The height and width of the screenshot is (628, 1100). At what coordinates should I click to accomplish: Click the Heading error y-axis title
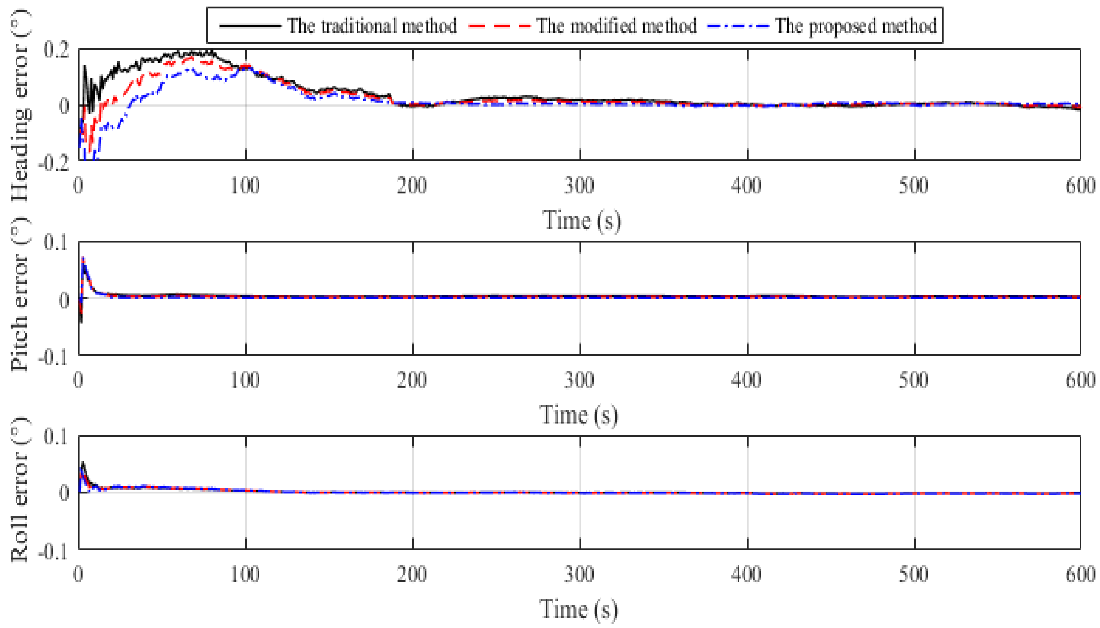pyautogui.click(x=20, y=106)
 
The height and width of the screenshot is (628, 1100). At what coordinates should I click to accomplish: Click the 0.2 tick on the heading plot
pyautogui.click(x=56, y=50)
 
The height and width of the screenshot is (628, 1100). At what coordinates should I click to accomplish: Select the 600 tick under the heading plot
pyautogui.click(x=1080, y=185)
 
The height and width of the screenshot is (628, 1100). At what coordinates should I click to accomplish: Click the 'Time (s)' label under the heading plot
pyautogui.click(x=581, y=221)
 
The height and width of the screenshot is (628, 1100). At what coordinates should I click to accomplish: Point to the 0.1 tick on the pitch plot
pyautogui.click(x=56, y=242)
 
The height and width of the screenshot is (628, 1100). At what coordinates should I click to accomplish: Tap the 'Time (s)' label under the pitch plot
pyautogui.click(x=579, y=415)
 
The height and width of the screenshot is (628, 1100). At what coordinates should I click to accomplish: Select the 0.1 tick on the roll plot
pyautogui.click(x=56, y=436)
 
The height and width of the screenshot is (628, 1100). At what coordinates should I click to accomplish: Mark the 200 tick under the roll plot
pyautogui.click(x=412, y=575)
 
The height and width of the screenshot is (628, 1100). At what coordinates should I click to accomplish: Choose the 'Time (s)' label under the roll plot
pyautogui.click(x=579, y=609)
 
